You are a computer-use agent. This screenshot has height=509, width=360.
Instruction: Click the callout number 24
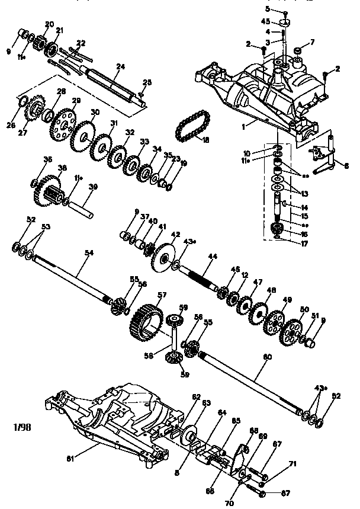click(121, 68)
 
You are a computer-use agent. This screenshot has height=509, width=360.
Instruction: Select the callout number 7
click(312, 41)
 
